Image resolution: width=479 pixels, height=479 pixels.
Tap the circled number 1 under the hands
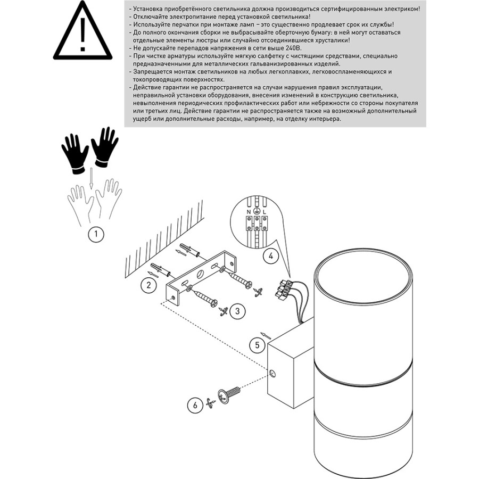[x=96, y=234]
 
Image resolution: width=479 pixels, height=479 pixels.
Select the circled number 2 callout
[x=149, y=285]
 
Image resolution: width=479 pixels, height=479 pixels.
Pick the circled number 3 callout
[x=237, y=310]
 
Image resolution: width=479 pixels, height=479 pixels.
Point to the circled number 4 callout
[x=270, y=256]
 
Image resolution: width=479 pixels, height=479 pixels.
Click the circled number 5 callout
[x=258, y=345]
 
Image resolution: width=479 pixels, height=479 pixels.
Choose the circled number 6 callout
[x=195, y=405]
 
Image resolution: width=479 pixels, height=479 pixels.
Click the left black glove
[x=75, y=151]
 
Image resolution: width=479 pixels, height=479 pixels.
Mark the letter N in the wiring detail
[x=247, y=212]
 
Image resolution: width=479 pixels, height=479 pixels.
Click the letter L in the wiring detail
[x=265, y=212]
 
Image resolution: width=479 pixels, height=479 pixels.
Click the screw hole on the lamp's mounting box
[x=272, y=374]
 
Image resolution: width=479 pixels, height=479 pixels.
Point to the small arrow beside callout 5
[x=267, y=336]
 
